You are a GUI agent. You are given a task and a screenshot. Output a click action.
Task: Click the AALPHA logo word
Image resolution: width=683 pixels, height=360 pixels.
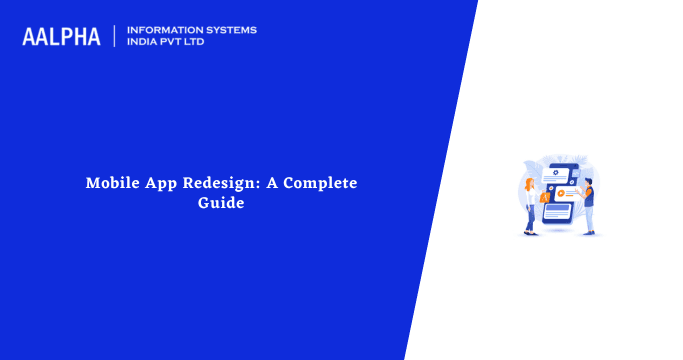coord(61,37)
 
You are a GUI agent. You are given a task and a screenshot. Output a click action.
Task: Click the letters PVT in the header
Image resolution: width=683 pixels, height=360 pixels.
coord(177,43)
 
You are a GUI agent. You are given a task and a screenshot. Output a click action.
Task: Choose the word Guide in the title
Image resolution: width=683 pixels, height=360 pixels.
coord(220,203)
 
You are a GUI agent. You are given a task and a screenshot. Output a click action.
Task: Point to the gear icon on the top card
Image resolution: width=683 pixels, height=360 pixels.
coord(555,172)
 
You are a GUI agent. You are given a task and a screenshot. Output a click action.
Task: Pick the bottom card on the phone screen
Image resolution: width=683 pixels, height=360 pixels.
coord(558,211)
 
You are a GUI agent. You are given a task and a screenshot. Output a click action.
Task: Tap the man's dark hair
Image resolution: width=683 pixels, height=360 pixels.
coord(589,180)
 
